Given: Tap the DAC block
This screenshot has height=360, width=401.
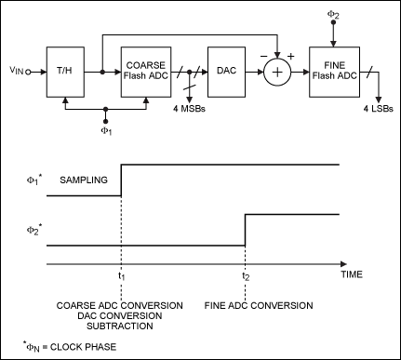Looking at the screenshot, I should (x=225, y=70).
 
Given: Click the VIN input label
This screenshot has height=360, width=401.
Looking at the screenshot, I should (x=20, y=70).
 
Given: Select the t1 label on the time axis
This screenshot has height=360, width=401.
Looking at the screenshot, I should (x=121, y=276).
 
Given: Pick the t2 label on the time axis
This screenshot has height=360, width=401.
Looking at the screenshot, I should (x=244, y=276).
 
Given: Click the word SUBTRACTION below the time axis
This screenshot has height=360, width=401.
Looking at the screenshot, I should (x=121, y=327).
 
